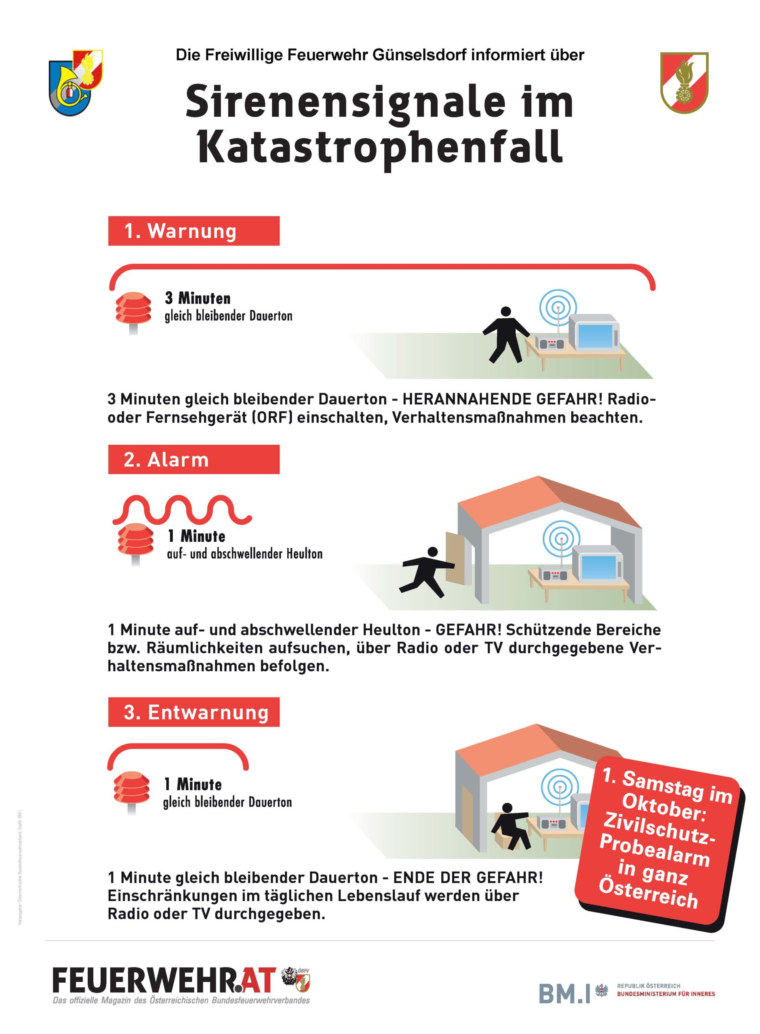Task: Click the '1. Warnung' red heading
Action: click(193, 231)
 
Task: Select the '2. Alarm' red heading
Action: click(193, 459)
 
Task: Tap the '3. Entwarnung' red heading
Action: click(193, 712)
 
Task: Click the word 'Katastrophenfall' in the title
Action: click(380, 146)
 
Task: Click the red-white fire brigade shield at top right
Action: click(684, 82)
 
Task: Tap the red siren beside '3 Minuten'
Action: click(133, 309)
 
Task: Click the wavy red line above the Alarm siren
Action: click(182, 509)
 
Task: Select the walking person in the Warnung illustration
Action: click(505, 334)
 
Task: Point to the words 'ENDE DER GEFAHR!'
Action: click(468, 877)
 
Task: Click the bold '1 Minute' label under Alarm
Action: click(196, 536)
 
